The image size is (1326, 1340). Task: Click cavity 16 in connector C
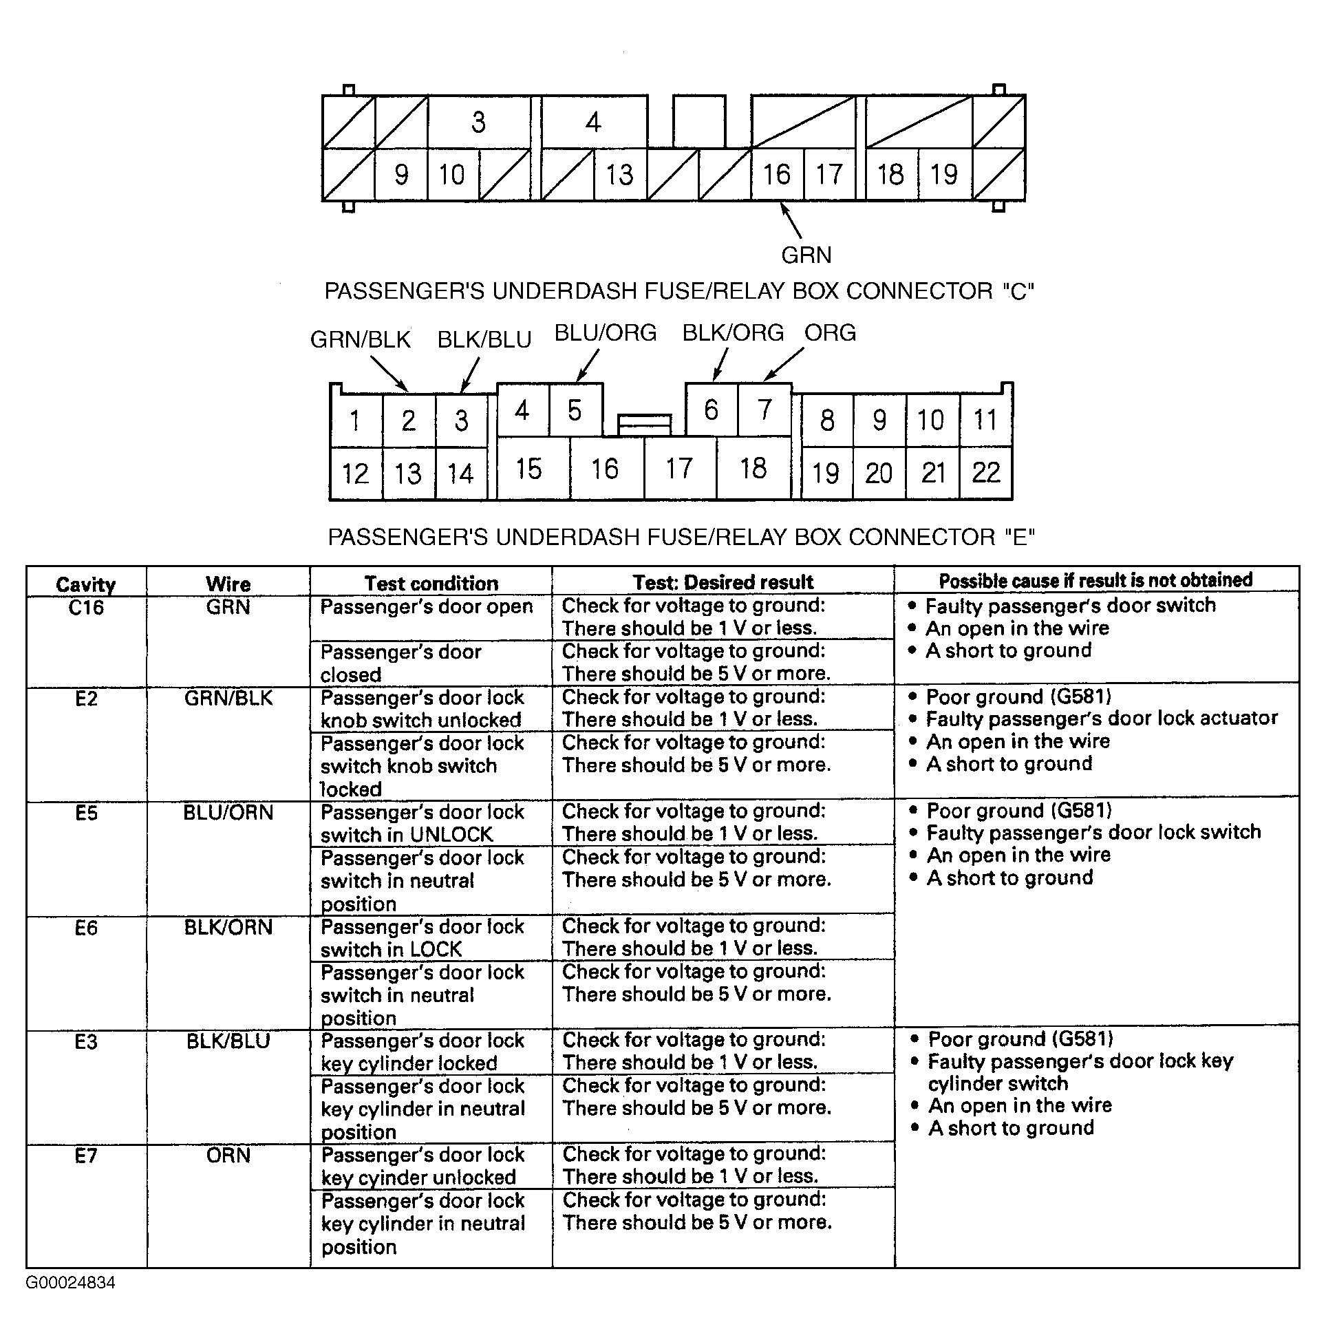click(x=777, y=174)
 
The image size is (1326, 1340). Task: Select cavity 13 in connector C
click(x=619, y=175)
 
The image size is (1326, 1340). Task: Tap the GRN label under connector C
click(x=806, y=255)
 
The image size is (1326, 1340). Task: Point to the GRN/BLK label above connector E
click(x=360, y=339)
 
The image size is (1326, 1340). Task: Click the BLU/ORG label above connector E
click(x=605, y=333)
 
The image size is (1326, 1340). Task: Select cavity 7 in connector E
click(x=764, y=410)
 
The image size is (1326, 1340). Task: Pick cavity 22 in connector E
click(x=985, y=473)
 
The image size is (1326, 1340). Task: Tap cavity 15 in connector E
click(x=528, y=469)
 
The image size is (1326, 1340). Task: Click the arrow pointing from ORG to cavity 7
click(x=784, y=363)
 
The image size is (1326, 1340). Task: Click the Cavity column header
click(x=86, y=584)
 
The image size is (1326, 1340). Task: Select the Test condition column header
click(x=431, y=584)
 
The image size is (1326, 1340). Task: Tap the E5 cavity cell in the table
click(x=86, y=812)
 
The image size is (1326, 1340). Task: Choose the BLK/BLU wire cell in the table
click(x=228, y=1041)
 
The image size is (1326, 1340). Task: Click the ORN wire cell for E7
click(x=228, y=1155)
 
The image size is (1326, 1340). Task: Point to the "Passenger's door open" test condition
click(x=426, y=606)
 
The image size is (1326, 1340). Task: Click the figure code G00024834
click(x=71, y=1282)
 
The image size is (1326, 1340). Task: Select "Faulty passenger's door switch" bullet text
click(x=1070, y=606)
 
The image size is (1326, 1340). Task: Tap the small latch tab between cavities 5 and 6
click(x=644, y=423)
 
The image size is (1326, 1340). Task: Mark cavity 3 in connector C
click(x=478, y=122)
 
